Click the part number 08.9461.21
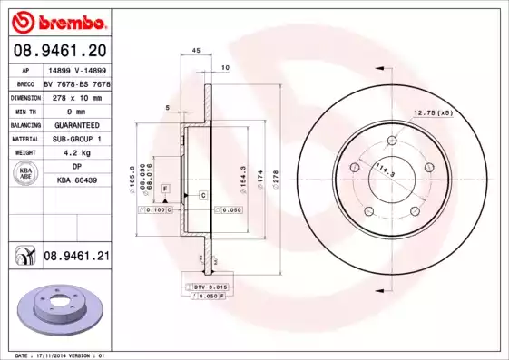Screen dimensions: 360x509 [x=77, y=258]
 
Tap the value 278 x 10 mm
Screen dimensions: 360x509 [x=76, y=95]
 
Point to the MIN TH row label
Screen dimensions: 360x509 [x=24, y=109]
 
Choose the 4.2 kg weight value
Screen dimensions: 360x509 [x=76, y=153]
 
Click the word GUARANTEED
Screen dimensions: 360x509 [x=76, y=124]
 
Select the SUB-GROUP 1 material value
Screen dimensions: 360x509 [x=76, y=139]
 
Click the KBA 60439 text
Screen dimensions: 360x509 [x=77, y=181]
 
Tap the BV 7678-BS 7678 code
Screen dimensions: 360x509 [x=77, y=82]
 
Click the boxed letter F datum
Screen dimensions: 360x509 [x=166, y=188]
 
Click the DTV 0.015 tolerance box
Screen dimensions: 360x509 [x=206, y=287]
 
